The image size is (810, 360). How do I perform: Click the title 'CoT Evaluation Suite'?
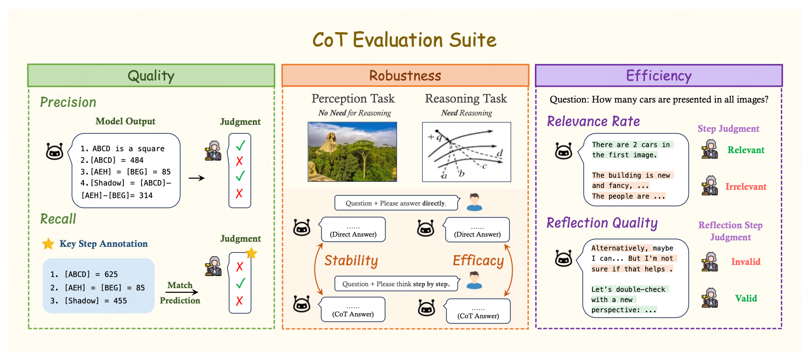tap(404, 40)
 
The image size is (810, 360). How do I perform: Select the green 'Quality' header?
tap(151, 76)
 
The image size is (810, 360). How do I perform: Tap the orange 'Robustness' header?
tap(405, 76)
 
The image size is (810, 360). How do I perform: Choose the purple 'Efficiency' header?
tap(659, 76)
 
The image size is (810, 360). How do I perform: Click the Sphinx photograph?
tap(352, 152)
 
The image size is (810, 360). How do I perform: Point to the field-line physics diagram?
tap(466, 152)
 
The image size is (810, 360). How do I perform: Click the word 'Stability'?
tap(351, 261)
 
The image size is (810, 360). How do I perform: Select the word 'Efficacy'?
tap(478, 261)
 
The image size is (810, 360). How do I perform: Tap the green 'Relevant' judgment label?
tap(746, 150)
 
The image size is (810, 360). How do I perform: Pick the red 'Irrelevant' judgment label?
tap(746, 186)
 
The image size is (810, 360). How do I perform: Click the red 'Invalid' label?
tap(746, 262)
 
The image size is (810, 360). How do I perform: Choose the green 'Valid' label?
tap(746, 298)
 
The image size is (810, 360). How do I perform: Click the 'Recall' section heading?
tap(58, 219)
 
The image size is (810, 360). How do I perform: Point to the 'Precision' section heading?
tap(68, 102)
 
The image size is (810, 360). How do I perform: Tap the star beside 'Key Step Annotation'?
tap(48, 244)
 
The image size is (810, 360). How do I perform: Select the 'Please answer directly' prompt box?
tap(396, 203)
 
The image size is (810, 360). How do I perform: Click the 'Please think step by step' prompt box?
tap(396, 284)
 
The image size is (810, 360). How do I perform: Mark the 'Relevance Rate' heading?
tap(593, 122)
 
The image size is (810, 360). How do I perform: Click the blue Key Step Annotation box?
tap(98, 286)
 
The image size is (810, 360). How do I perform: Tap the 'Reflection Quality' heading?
tap(602, 223)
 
